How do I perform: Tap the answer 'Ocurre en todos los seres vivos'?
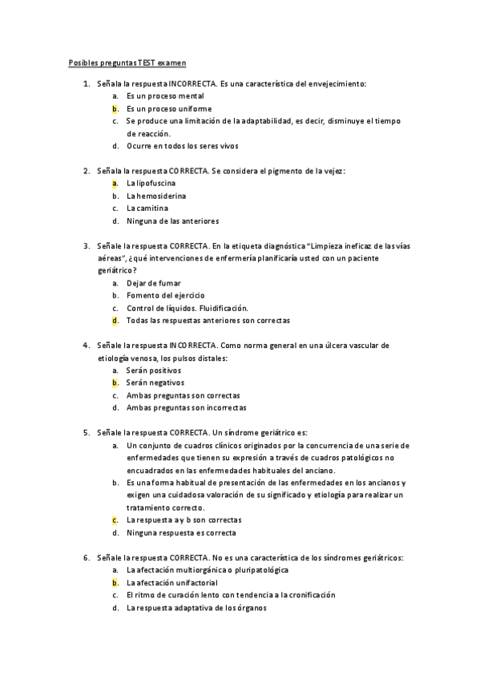point(182,146)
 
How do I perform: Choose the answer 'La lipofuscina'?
point(151,184)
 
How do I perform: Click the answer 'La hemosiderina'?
point(155,196)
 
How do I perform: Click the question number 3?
point(86,245)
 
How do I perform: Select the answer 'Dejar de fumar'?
point(153,283)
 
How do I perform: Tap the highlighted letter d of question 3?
point(115,320)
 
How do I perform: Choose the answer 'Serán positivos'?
point(154,370)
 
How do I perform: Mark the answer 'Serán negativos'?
point(155,382)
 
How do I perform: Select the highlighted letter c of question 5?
point(115,520)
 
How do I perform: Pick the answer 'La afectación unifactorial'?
point(172,582)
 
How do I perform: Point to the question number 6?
point(86,557)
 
